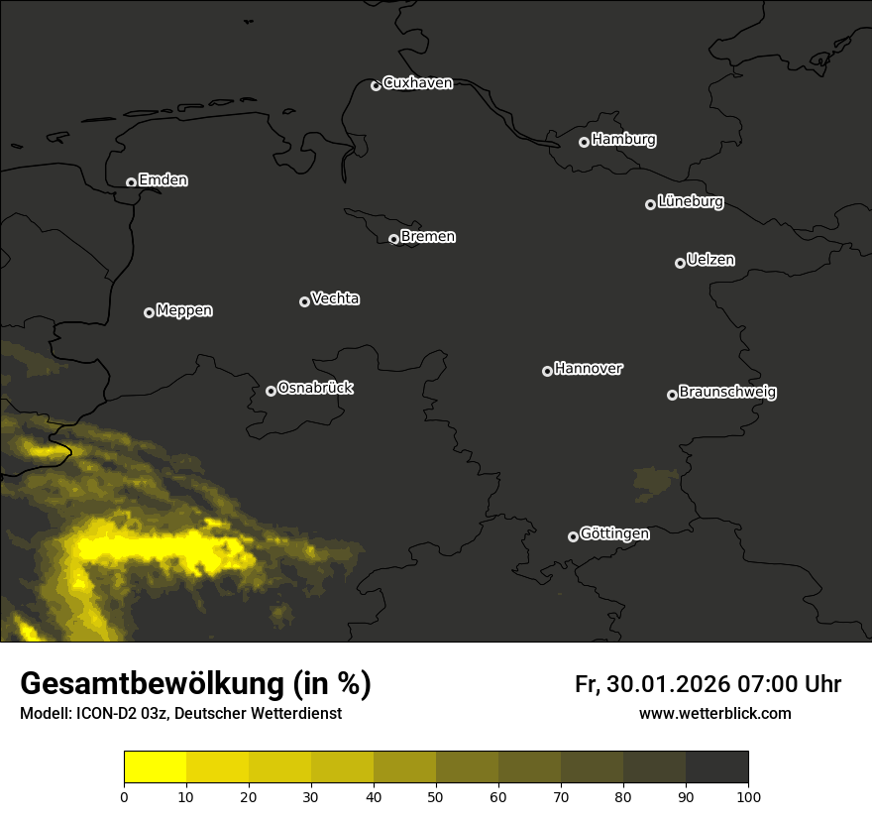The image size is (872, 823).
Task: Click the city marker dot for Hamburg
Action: tap(584, 142)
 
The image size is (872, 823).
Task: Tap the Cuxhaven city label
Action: tap(417, 83)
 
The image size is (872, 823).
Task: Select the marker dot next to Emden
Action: tap(131, 182)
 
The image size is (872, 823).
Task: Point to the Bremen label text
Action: tap(428, 237)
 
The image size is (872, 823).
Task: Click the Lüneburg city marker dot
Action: tap(650, 204)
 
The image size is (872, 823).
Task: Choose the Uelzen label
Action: tap(710, 260)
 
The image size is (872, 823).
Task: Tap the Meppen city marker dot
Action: tap(149, 312)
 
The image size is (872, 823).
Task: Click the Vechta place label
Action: tap(335, 298)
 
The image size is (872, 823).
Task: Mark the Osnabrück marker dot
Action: tap(271, 391)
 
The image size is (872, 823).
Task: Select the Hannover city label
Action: tap(589, 369)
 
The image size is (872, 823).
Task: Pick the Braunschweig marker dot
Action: tap(672, 395)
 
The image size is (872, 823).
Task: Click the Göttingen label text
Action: tap(614, 533)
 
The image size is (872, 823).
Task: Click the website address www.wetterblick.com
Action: tap(714, 714)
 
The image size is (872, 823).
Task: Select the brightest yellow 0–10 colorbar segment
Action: tap(155, 767)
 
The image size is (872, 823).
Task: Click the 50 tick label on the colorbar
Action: tap(436, 796)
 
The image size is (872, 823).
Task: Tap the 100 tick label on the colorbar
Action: tap(748, 796)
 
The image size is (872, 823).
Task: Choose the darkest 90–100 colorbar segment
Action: tap(716, 767)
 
